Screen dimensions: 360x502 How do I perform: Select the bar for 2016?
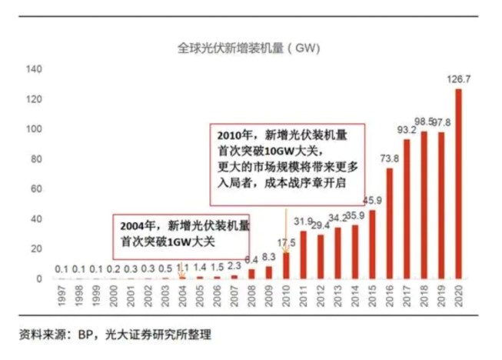click(x=389, y=222)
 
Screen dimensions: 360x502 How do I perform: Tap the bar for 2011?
click(x=303, y=254)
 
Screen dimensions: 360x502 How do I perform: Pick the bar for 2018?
click(x=424, y=204)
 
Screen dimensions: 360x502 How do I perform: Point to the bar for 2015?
click(x=372, y=243)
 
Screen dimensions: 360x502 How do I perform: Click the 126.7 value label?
click(x=459, y=78)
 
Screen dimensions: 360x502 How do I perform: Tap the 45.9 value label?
click(x=373, y=200)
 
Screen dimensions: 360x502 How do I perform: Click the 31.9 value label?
click(x=303, y=222)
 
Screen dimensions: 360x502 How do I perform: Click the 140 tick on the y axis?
click(x=33, y=69)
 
